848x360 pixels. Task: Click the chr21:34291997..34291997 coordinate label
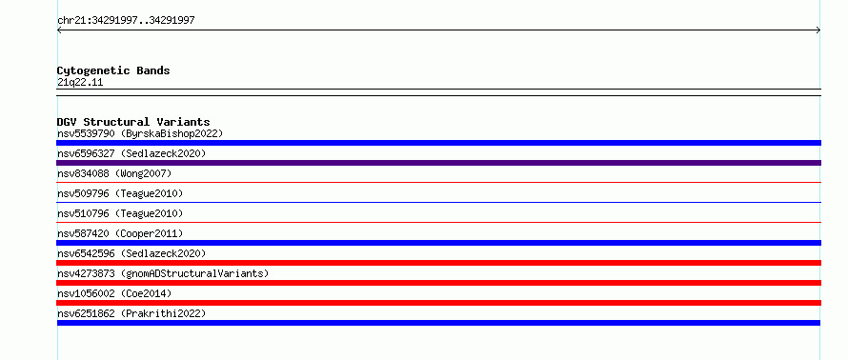[126, 21]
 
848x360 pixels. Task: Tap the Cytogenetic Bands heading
[113, 70]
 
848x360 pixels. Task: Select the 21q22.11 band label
[80, 83]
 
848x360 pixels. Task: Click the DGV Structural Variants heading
[133, 122]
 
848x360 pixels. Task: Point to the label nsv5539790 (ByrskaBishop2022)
[140, 133]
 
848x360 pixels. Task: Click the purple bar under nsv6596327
[438, 163]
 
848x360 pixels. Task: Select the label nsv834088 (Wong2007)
[114, 173]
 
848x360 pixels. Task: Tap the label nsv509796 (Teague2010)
[120, 193]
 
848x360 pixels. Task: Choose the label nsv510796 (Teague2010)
[120, 213]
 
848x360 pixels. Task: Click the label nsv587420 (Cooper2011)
[120, 233]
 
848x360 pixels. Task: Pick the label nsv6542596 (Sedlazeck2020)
[131, 253]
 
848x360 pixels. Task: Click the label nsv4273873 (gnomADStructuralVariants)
[163, 273]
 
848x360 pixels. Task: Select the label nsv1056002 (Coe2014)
[114, 293]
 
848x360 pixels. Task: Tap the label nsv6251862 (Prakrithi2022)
[131, 313]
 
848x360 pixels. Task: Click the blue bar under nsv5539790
[438, 143]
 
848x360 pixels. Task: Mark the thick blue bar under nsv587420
[438, 243]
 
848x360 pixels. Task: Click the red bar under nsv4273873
[438, 283]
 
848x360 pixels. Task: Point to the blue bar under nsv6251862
[438, 323]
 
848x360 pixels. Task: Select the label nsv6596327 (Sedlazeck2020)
[131, 153]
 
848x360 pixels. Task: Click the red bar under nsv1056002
[438, 303]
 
